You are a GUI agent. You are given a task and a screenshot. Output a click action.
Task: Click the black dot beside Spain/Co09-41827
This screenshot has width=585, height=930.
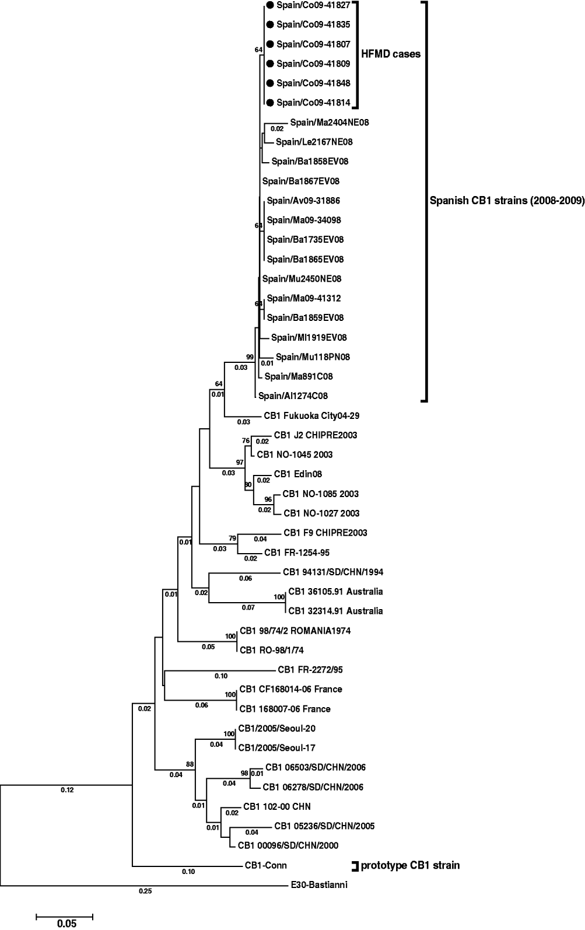click(x=269, y=5)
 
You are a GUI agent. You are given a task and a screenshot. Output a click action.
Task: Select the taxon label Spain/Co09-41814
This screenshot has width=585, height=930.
click(x=313, y=103)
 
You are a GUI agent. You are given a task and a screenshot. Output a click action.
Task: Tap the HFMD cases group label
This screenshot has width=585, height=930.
click(x=392, y=54)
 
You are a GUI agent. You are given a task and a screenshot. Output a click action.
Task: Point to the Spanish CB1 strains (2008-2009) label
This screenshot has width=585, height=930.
click(x=507, y=201)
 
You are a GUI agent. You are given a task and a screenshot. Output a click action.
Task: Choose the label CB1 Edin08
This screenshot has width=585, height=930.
click(x=297, y=474)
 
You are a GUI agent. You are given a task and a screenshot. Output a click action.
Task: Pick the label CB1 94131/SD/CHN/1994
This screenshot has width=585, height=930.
click(x=332, y=572)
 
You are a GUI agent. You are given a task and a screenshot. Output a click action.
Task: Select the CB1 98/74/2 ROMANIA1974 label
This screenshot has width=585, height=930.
click(x=295, y=631)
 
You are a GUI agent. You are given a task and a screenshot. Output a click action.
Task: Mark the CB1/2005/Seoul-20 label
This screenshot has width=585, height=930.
click(x=277, y=728)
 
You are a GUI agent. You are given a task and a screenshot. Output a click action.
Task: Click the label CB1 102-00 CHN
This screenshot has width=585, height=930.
click(x=276, y=806)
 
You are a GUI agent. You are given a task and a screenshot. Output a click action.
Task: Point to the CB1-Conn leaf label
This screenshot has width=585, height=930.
click(x=265, y=865)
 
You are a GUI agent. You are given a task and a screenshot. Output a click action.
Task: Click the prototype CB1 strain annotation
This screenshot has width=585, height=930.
click(x=410, y=865)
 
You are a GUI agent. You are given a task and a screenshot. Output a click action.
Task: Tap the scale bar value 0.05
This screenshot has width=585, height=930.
click(x=66, y=924)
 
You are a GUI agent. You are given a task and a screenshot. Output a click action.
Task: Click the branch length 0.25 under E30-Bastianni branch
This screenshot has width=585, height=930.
click(x=145, y=891)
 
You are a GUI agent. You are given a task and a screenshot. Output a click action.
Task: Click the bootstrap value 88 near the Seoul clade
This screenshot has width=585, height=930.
click(x=190, y=764)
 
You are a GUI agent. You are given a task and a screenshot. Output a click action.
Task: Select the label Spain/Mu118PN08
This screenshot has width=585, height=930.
click(x=313, y=357)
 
